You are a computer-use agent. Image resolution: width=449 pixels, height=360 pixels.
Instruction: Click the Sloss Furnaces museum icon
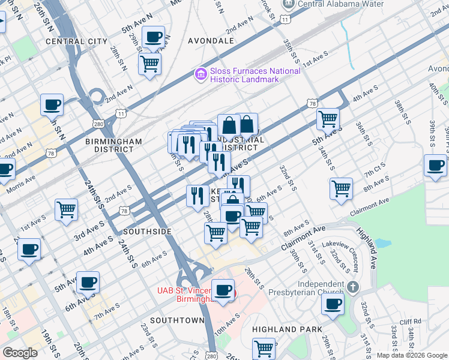tap(200, 75)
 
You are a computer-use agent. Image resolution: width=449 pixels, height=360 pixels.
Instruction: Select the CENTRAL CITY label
tap(76, 41)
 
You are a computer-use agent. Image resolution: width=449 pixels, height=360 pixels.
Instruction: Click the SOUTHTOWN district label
tap(177, 320)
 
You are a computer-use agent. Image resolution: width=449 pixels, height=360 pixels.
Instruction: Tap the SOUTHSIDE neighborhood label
tap(147, 231)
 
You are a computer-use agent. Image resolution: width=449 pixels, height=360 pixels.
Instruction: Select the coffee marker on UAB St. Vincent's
tap(223, 290)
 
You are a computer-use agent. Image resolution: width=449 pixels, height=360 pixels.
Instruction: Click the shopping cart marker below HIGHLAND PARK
tap(264, 347)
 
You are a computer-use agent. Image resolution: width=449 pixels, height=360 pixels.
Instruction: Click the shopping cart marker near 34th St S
tap(328, 119)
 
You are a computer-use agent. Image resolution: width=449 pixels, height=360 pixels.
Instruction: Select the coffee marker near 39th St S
tap(435, 165)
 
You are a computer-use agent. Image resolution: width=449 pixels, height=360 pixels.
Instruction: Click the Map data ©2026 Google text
tap(412, 355)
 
